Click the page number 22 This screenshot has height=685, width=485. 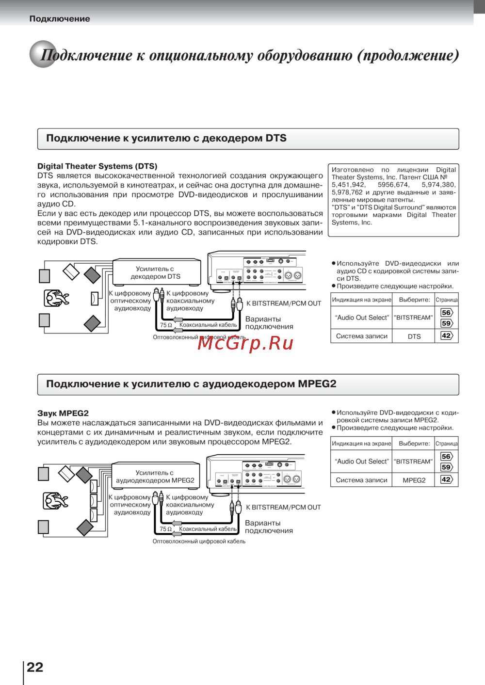tap(35, 667)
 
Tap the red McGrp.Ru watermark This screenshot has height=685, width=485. tap(245, 343)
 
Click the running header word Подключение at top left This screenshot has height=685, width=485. tap(60, 19)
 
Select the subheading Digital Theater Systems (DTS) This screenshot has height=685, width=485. tap(97, 166)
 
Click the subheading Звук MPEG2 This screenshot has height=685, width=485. tap(63, 414)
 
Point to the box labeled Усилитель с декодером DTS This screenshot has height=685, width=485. tap(156, 272)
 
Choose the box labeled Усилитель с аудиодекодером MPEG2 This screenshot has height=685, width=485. tap(155, 477)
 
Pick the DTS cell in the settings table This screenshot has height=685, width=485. tap(414, 336)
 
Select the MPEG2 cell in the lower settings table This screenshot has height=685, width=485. tap(414, 480)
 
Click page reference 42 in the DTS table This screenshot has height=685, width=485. tap(446, 335)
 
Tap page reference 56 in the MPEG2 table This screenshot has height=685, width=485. tap(446, 456)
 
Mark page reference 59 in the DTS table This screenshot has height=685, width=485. tap(446, 323)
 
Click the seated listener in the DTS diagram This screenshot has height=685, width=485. tap(56, 298)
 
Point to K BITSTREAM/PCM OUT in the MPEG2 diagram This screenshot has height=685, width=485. tap(283, 508)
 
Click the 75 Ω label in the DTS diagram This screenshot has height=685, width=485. tap(166, 325)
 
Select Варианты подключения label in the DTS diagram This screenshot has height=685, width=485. tap(269, 323)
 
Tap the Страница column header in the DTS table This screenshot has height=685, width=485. tap(446, 300)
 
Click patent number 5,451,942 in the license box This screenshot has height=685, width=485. tap(348, 185)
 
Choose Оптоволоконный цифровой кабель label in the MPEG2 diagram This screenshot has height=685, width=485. tap(199, 542)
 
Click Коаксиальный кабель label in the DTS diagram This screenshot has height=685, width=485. tap(208, 325)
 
